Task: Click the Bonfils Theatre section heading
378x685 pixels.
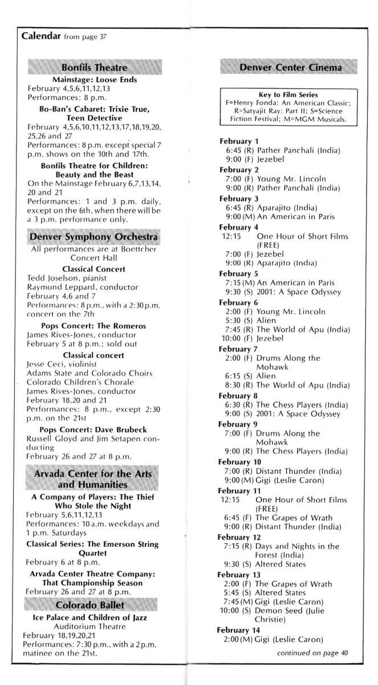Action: pos(95,68)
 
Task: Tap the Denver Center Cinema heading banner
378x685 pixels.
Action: pos(291,68)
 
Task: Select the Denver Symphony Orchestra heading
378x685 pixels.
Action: pos(95,236)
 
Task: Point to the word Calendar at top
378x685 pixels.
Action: pos(40,35)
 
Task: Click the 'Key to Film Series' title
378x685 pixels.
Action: pos(288,94)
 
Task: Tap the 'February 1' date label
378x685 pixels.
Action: pos(239,141)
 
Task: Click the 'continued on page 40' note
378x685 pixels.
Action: pos(312,653)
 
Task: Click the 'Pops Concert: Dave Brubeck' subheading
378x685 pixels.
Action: pos(94,429)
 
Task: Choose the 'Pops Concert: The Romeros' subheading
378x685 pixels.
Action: pos(94,326)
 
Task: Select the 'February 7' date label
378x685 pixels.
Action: pos(239,349)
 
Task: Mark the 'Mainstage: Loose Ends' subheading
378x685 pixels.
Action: pos(95,80)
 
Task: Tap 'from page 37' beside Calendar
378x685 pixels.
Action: pos(84,37)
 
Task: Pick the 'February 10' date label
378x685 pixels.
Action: pos(241,461)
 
